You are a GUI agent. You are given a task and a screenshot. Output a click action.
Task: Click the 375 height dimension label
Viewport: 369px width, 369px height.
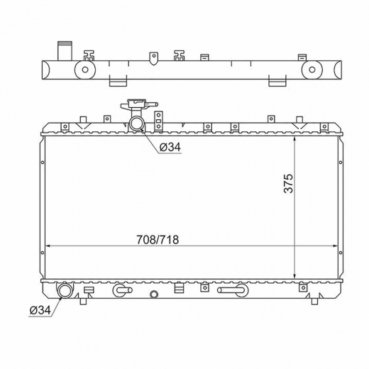pyautogui.click(x=288, y=184)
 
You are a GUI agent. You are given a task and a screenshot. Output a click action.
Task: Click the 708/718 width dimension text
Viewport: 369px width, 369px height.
pyautogui.click(x=158, y=240)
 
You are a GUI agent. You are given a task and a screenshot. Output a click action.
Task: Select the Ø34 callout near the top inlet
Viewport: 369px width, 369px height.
pyautogui.click(x=170, y=148)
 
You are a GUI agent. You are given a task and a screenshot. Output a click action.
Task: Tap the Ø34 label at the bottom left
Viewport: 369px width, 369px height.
pyautogui.click(x=40, y=310)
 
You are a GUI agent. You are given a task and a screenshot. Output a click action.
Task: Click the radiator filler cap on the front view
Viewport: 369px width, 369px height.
pyautogui.click(x=139, y=104)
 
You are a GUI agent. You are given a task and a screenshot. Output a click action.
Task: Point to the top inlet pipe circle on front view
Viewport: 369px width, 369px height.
pyautogui.click(x=136, y=123)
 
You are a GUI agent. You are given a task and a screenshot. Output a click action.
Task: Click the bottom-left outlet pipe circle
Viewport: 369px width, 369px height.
pyautogui.click(x=64, y=290)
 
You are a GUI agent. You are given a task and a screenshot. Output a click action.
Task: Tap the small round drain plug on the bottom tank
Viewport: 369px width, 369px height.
pyautogui.click(x=154, y=294)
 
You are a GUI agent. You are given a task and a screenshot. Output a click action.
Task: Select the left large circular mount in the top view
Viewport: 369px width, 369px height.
pyautogui.click(x=85, y=70)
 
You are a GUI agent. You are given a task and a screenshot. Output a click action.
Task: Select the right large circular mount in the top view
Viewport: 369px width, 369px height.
pyautogui.click(x=312, y=70)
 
